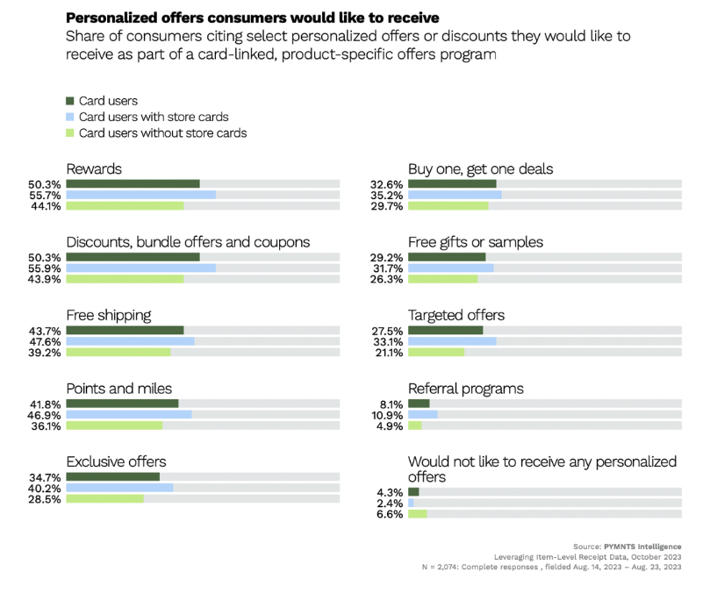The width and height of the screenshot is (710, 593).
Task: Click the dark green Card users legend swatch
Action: tap(71, 101)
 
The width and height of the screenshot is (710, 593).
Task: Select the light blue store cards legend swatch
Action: tap(71, 117)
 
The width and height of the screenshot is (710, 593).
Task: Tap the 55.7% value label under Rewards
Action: tap(44, 195)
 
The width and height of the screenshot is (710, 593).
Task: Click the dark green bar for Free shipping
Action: tap(125, 330)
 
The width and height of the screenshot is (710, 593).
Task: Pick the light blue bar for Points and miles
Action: tap(129, 414)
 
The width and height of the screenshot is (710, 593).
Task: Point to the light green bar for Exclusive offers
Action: tap(104, 498)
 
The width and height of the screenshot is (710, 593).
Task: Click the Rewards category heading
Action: tap(94, 168)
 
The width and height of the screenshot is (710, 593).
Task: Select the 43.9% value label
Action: tap(44, 279)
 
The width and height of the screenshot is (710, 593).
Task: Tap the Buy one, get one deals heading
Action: tap(480, 168)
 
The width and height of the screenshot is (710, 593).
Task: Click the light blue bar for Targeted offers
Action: tap(452, 341)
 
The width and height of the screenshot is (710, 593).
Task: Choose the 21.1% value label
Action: tap(387, 353)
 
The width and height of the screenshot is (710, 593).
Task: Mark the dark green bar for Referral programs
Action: tap(419, 403)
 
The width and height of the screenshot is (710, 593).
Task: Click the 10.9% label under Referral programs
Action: tap(387, 414)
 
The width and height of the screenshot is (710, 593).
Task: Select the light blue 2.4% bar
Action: tap(411, 503)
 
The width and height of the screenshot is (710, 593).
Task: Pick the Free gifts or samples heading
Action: tap(475, 242)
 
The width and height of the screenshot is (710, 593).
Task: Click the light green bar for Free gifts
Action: tap(442, 279)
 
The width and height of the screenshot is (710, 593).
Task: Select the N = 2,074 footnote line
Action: tap(551, 568)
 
